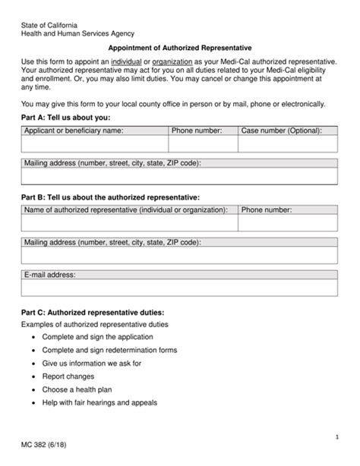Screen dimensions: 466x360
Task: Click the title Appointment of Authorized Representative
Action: [x=179, y=46]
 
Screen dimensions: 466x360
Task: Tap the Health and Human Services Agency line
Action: [x=77, y=33]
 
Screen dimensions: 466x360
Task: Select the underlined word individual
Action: [x=128, y=60]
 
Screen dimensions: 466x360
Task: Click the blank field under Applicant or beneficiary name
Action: [x=94, y=144]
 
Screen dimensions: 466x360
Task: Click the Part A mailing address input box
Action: [x=179, y=177]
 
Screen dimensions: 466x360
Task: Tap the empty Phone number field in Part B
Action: [x=287, y=222]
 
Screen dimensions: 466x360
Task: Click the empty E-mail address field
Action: [x=179, y=288]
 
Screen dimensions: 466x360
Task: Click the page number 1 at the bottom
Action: [x=336, y=438]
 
